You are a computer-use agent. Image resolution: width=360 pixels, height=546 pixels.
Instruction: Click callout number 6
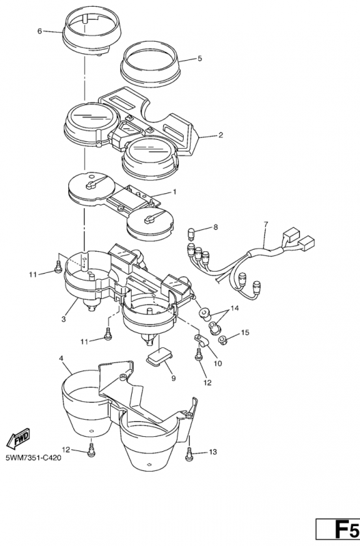coord(40,31)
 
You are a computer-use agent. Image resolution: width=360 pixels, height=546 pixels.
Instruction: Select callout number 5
coord(199,58)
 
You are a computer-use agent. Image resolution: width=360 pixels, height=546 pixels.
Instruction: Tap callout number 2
coord(221,135)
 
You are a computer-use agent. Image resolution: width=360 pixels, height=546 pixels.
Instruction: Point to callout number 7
coord(266,225)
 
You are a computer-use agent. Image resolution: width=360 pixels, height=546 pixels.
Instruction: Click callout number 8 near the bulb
coord(215,227)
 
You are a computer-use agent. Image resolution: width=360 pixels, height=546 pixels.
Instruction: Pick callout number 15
coord(245,332)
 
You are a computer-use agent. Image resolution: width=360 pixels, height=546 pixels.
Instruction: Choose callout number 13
coord(212,452)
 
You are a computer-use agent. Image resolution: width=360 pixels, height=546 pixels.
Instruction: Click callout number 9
coord(174,378)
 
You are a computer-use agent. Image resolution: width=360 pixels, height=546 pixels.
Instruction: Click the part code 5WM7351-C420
coord(33,457)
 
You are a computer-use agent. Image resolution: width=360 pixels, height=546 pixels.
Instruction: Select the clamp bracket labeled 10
coord(201,340)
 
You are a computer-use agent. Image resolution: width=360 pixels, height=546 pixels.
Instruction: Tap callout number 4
coord(61,358)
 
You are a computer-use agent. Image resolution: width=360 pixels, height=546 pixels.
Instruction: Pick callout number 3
coord(64,319)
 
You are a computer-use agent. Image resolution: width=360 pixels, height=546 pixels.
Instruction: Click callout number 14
coord(234,308)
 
